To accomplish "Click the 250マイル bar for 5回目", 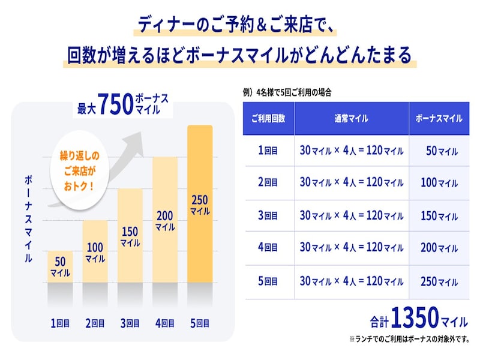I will click(200, 204).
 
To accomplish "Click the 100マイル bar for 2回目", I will click(95, 252).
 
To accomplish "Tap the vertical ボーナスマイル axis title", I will click(28, 220).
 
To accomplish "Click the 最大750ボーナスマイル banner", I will click(123, 104).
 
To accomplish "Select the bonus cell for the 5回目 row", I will click(439, 281).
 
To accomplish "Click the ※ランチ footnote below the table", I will click(407, 339).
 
